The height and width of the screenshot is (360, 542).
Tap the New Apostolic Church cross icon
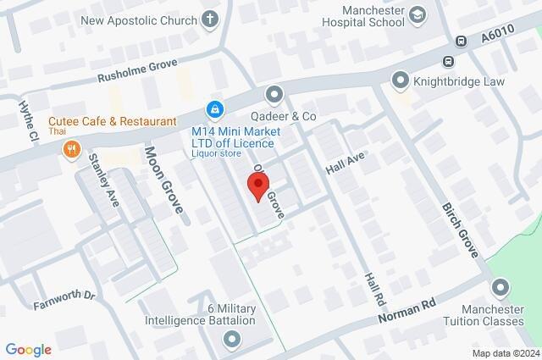pos(210,19)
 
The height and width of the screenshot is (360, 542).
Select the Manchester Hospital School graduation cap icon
pos(418,14)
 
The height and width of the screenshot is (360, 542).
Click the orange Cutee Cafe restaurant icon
pos(72,150)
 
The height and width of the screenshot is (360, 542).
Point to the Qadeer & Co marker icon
pos(273,94)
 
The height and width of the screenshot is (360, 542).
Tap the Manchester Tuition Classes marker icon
pos(498,289)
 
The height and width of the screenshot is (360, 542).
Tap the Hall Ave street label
pos(344,158)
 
